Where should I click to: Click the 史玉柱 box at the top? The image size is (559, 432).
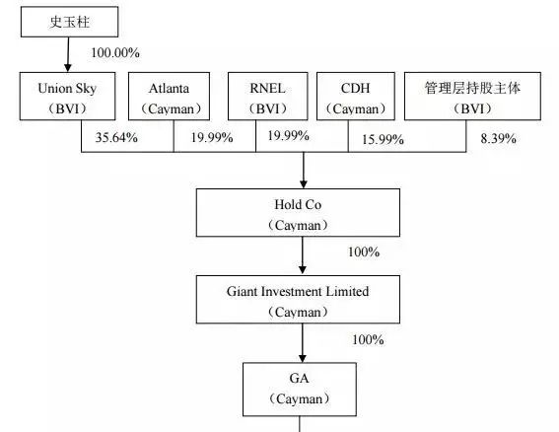[70, 22]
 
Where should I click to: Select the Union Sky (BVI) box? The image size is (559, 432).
[67, 97]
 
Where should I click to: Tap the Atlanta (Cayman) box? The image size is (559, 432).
[169, 97]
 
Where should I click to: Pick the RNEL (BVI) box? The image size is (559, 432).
[268, 97]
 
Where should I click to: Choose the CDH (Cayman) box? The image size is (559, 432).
[356, 97]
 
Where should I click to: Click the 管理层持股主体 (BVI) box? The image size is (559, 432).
[472, 97]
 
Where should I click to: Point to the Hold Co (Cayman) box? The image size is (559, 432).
[298, 213]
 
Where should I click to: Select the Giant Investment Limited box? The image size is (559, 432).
[298, 299]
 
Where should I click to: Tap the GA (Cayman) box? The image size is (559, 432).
[300, 390]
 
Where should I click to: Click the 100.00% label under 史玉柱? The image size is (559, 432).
[115, 53]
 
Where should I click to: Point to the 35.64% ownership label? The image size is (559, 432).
[116, 137]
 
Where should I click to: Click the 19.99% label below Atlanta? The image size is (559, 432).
[212, 137]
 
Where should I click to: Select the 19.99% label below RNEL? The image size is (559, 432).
[288, 135]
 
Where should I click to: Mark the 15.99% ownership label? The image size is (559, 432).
[383, 139]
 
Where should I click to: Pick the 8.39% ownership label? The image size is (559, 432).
[499, 138]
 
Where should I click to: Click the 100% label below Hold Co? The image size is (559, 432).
[364, 252]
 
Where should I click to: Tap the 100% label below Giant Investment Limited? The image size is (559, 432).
[368, 339]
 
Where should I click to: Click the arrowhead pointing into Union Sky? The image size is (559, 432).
[68, 67]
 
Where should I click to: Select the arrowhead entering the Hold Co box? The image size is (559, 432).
[304, 184]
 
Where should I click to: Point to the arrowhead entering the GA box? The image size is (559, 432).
[303, 358]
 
